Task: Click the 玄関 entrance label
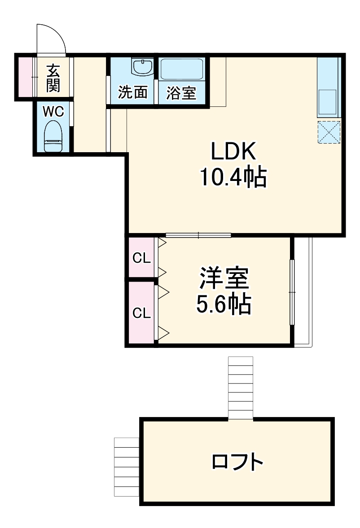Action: (53, 78)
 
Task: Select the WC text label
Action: (53, 111)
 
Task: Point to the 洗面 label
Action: (132, 92)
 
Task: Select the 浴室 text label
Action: (181, 93)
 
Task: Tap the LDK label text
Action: (233, 152)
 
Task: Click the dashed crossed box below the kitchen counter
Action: (329, 132)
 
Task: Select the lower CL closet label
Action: (141, 313)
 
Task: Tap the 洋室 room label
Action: (224, 279)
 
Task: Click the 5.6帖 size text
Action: (224, 304)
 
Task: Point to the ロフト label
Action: (237, 462)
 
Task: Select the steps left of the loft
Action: (127, 466)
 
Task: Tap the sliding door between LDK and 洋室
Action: (198, 235)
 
